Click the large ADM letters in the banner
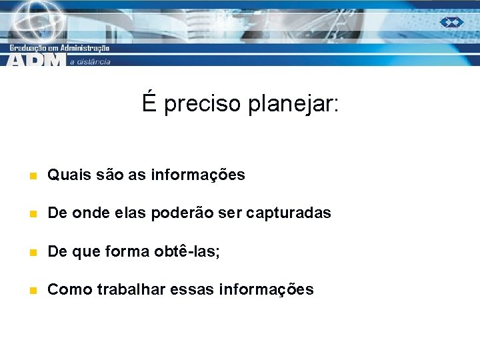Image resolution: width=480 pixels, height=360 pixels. coord(37,60)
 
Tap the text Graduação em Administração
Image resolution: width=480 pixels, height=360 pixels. coord(59,47)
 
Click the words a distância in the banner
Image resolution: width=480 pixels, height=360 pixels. coord(89,61)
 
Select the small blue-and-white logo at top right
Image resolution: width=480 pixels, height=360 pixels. coord(451,22)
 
